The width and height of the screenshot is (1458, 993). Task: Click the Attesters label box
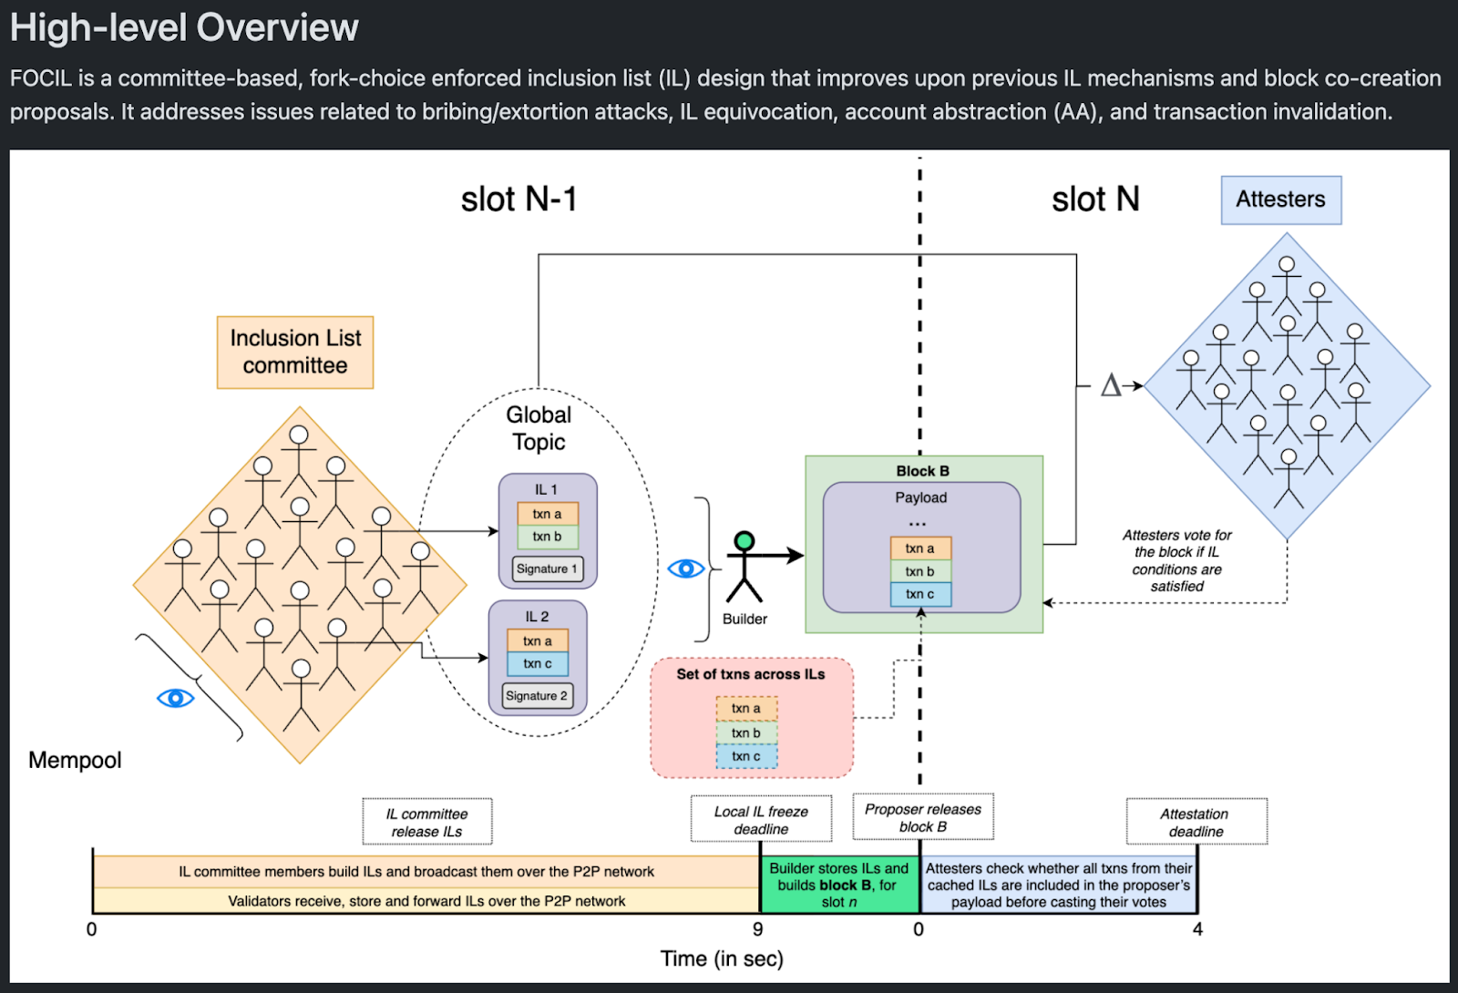tap(1280, 200)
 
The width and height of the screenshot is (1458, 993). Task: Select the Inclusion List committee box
tap(295, 352)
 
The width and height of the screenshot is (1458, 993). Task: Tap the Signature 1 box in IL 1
tap(547, 568)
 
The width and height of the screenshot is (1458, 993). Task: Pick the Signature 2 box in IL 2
tap(537, 696)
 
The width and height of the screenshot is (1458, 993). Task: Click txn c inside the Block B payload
tap(920, 594)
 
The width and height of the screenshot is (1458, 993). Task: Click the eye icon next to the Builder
tap(685, 568)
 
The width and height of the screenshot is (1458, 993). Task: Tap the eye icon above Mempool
tap(175, 698)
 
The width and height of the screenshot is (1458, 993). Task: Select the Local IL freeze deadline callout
tap(761, 820)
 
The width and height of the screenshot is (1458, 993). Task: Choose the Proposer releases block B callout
tap(922, 818)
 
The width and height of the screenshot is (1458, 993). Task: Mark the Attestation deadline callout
tap(1196, 822)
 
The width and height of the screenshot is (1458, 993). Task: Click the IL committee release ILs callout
tap(426, 822)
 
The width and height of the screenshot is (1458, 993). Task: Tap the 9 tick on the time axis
tap(758, 929)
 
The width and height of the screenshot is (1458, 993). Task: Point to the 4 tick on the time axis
tap(1197, 929)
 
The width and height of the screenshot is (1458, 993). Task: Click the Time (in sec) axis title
tap(722, 958)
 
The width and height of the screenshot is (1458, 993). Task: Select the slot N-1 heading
tap(519, 200)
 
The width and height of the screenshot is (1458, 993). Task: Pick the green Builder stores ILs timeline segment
tap(839, 885)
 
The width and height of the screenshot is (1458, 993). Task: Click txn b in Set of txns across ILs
tap(746, 732)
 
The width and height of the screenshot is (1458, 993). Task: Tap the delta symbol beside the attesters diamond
tap(1110, 385)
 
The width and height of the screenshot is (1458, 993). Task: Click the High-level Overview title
tap(185, 28)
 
